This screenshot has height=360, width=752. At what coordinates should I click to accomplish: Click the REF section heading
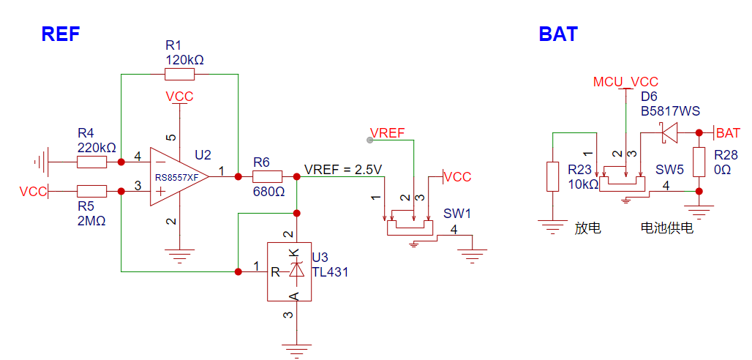click(x=61, y=34)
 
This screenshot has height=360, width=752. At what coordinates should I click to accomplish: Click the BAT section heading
click(x=558, y=34)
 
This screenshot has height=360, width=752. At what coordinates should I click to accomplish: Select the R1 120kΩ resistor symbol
click(x=179, y=75)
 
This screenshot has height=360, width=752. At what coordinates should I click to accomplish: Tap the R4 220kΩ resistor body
click(x=91, y=162)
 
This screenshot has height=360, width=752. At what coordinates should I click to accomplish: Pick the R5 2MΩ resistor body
click(x=91, y=192)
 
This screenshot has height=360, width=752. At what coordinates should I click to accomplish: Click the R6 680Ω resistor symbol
click(x=267, y=176)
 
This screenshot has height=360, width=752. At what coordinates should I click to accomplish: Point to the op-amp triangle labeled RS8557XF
click(x=179, y=176)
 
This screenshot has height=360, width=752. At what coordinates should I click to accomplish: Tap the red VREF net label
click(x=388, y=132)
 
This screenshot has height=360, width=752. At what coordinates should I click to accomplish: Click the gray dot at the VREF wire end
click(x=369, y=140)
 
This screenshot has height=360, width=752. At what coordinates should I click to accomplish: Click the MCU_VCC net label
click(x=626, y=81)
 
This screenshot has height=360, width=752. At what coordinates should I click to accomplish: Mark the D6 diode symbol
click(x=669, y=132)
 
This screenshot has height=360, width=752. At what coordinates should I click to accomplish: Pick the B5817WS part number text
click(x=671, y=111)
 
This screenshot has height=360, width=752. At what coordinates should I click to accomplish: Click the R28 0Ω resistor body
click(x=699, y=162)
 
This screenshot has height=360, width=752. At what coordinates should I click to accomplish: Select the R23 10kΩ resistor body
click(x=553, y=176)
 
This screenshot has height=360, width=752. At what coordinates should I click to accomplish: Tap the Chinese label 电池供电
click(x=667, y=228)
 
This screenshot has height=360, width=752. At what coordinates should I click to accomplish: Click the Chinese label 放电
click(x=588, y=228)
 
